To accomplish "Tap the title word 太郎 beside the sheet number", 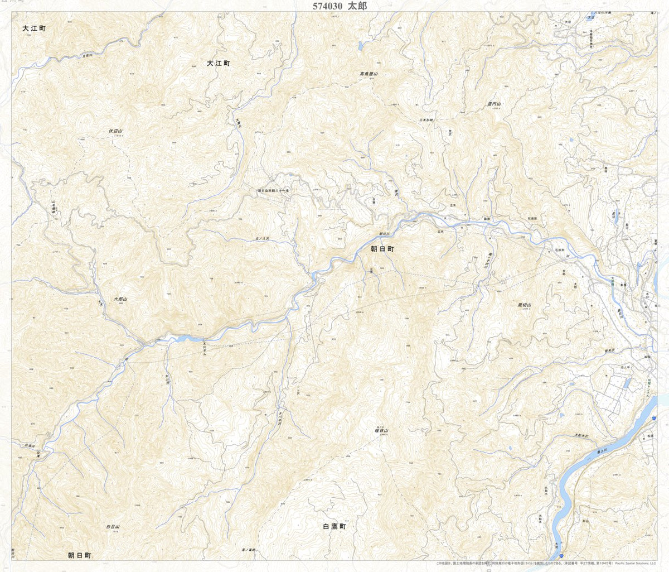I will [358, 6].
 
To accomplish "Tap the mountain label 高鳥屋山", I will [369, 74].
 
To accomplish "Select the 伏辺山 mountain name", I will [115, 131].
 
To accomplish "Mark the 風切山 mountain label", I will [525, 305].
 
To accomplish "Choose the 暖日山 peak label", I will [381, 431].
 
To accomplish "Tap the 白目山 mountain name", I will [113, 526].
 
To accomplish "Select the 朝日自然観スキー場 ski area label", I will [273, 190].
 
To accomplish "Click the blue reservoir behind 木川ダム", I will [181, 338].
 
